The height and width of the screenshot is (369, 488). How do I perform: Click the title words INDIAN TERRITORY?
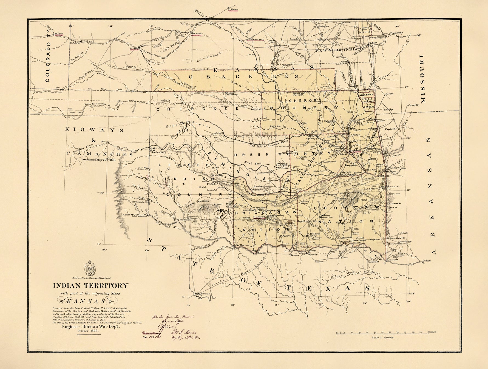pyautogui.click(x=90, y=286)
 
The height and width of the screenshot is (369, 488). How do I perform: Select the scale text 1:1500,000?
pyautogui.click(x=383, y=337)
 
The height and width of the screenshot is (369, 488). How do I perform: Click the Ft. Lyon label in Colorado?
pyautogui.click(x=59, y=34)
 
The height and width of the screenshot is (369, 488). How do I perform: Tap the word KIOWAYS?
pyautogui.click(x=94, y=129)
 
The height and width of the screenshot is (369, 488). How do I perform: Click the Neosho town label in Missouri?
pyautogui.click(x=389, y=94)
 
